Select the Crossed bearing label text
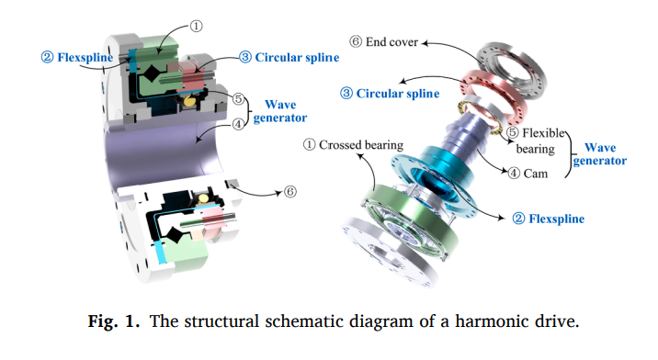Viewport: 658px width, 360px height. coord(344,145)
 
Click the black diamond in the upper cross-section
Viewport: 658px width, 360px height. coord(148,72)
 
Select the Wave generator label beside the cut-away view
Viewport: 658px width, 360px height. coord(279,111)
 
